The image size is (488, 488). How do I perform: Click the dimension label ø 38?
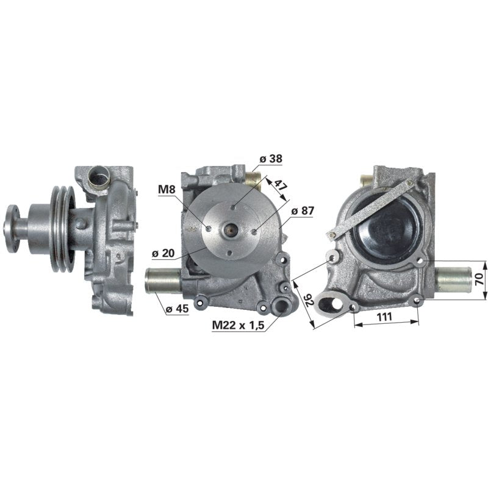click(271, 159)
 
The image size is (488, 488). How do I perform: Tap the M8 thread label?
click(167, 189)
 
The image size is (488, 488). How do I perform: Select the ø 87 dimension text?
click(303, 210)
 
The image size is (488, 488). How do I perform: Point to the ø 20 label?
click(163, 253)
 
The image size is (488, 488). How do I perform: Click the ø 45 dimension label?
click(177, 309)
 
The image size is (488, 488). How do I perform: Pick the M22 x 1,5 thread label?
click(238, 325)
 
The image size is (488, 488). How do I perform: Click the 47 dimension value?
click(281, 186)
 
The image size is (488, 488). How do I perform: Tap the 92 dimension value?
click(310, 300)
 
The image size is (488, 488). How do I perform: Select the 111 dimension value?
click(384, 317)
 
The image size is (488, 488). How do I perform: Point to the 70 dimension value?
click(479, 279)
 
